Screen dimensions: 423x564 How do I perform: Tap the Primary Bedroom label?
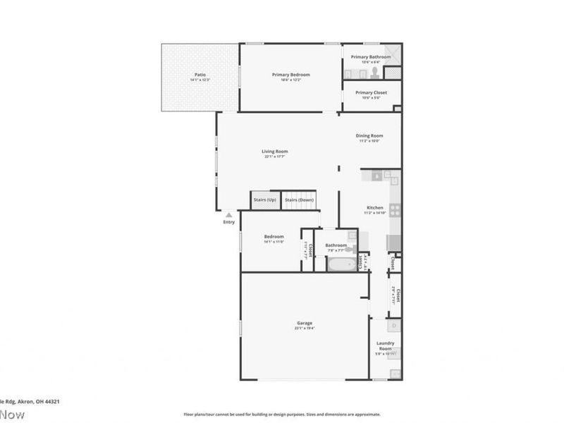[291, 74]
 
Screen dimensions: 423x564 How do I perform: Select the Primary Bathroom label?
[371, 56]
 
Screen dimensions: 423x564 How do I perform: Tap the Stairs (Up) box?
[265, 200]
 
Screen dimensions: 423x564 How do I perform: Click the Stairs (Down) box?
[299, 200]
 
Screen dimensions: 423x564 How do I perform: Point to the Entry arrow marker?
[228, 214]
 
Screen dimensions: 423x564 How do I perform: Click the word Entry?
[228, 222]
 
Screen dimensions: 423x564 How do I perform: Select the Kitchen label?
[374, 208]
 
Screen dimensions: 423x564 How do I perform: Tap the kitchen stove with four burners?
[396, 209]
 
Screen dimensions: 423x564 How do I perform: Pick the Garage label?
[305, 324]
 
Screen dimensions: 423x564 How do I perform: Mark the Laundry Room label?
[385, 346]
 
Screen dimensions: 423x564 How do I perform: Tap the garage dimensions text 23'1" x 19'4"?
[305, 329]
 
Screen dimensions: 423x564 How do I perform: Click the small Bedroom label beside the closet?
[274, 236]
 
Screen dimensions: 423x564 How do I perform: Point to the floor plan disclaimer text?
[282, 415]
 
